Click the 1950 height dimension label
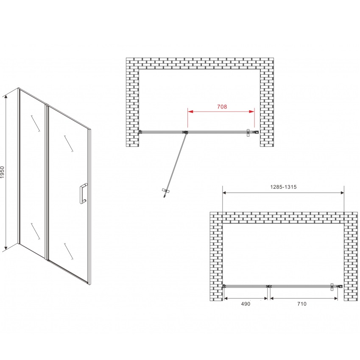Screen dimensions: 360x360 click(2, 173)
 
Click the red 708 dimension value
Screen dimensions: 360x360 click(222, 107)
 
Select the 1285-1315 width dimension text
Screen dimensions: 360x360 click(283, 187)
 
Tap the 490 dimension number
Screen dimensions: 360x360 click(246, 304)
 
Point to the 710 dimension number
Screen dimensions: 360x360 click(301, 304)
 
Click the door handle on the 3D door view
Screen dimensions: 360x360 click(83, 193)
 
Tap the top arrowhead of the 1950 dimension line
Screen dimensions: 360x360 click(6, 98)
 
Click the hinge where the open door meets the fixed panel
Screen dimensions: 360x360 click(185, 132)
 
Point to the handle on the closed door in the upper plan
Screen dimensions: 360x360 click(248, 133)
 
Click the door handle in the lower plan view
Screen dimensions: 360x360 click(332, 287)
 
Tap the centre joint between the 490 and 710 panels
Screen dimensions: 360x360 click(269, 286)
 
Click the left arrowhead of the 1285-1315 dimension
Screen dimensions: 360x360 click(226, 193)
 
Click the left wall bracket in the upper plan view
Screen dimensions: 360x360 click(140, 132)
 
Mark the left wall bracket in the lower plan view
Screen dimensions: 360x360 click(224, 286)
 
